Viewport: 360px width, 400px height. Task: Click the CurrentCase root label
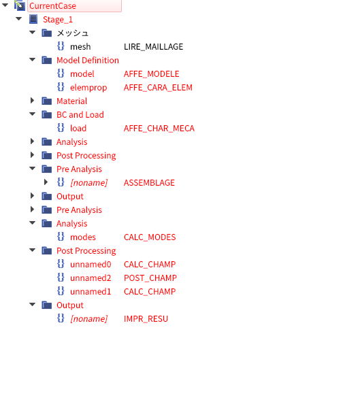52,6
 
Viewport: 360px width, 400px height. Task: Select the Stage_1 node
58,20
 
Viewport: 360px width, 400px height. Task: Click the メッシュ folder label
72,33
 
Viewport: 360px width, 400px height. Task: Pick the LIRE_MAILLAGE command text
153,47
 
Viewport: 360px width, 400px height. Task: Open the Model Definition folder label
88,60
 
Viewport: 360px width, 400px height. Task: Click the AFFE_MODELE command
152,74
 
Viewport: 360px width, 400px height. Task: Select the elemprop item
88,88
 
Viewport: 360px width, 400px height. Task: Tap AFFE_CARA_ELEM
158,88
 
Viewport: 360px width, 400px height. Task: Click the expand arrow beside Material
32,101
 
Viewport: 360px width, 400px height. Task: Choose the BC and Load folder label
80,115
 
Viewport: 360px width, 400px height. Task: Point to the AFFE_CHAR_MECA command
159,129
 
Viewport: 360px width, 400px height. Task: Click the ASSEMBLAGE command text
149,182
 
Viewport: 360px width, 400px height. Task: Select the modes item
83,237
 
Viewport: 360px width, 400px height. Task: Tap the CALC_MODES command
150,237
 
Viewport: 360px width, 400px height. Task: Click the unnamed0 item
91,264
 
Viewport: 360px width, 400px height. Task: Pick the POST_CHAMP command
150,278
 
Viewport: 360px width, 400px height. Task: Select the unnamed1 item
91,292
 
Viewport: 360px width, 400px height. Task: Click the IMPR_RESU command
146,319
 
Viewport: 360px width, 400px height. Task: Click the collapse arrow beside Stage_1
18,18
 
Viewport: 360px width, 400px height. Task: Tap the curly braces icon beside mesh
61,46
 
